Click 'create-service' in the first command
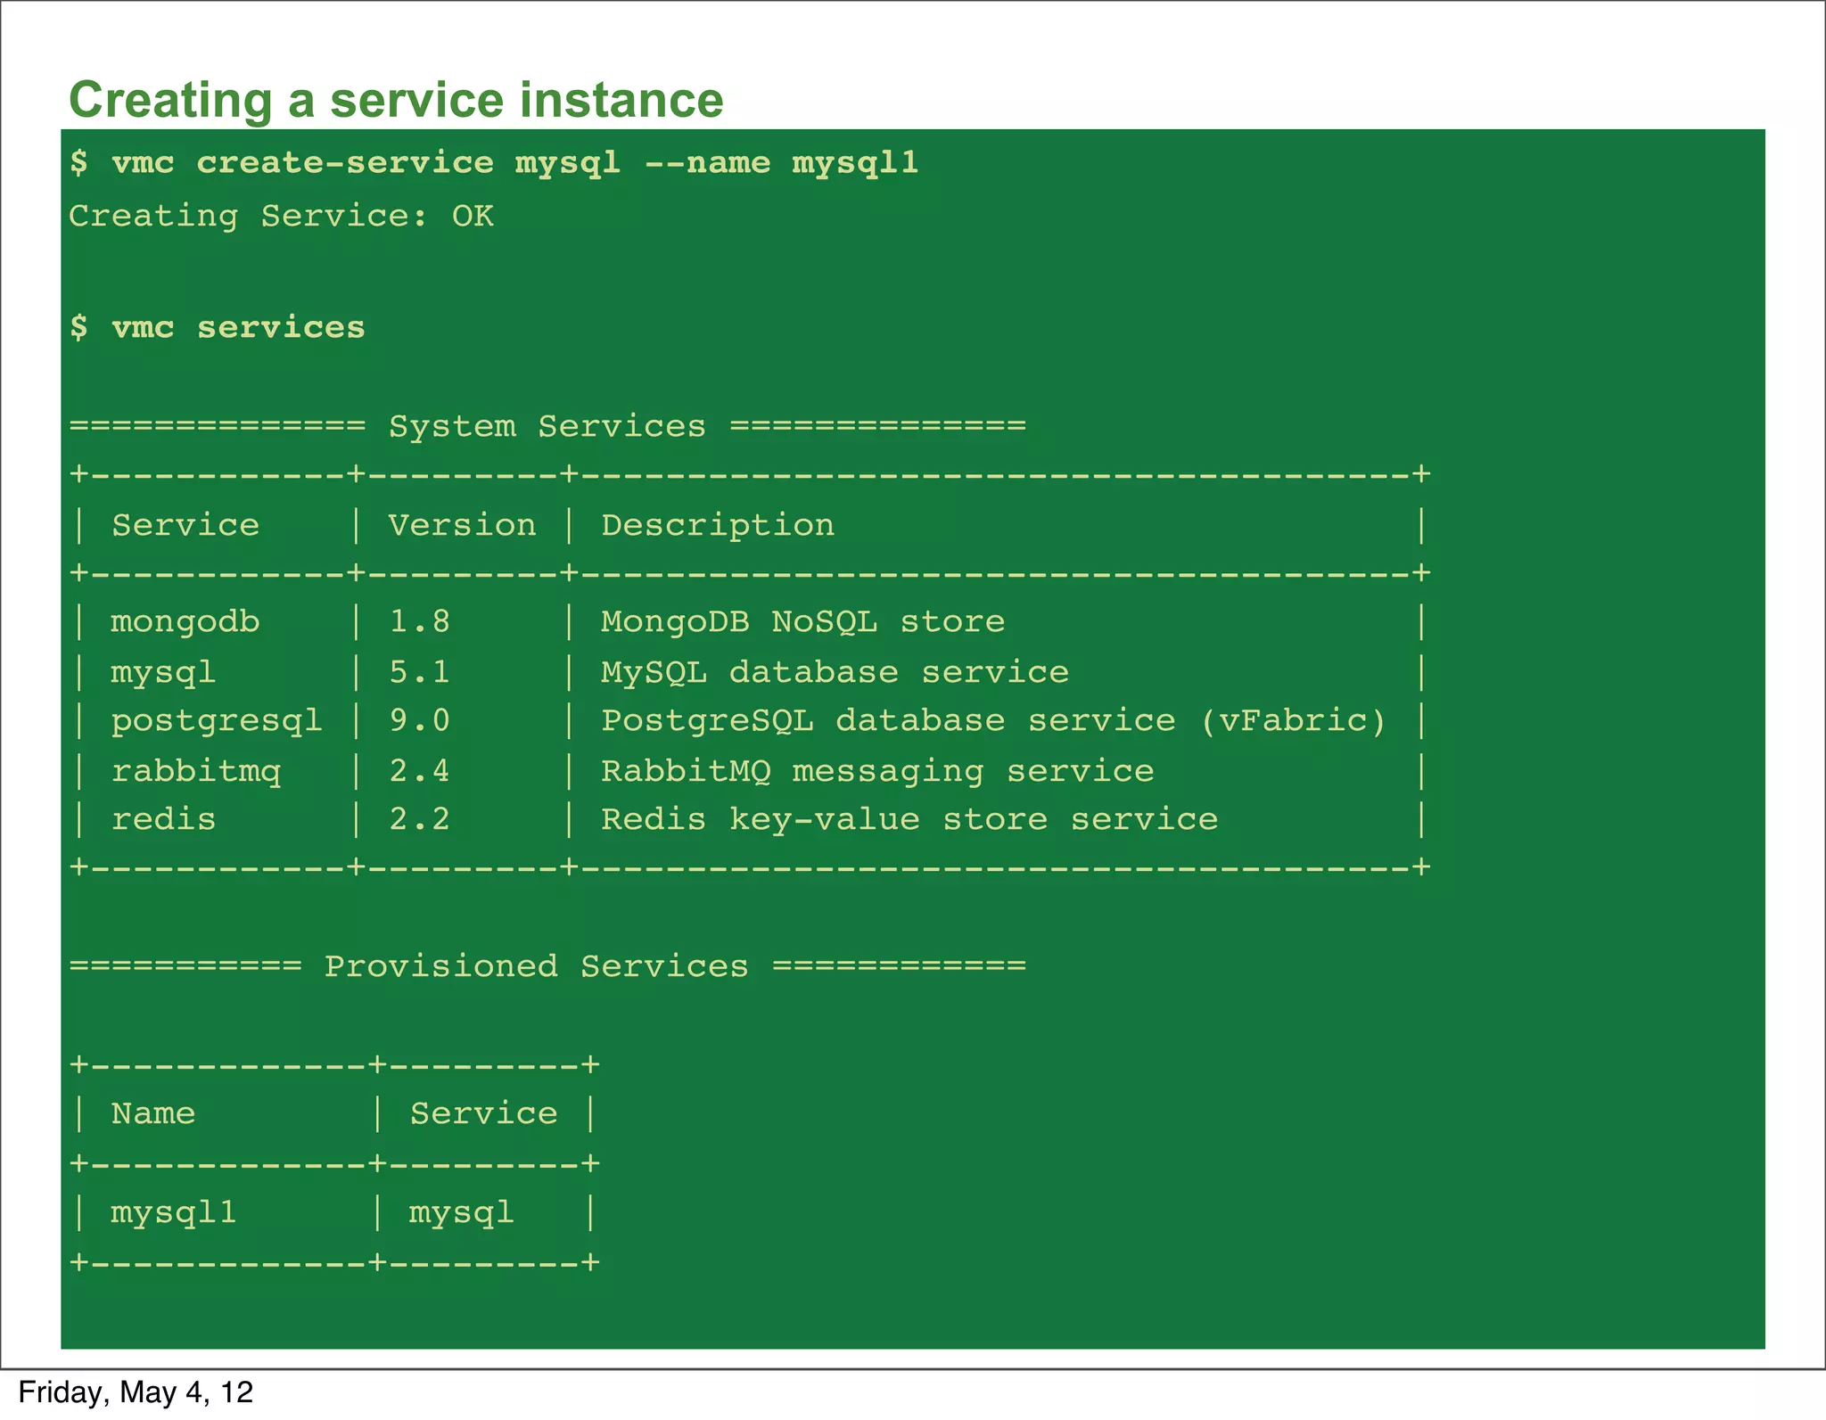pyautogui.click(x=345, y=163)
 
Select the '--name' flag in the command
pyautogui.click(x=707, y=163)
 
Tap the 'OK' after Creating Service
pyautogui.click(x=473, y=217)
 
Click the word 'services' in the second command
pyautogui.click(x=281, y=328)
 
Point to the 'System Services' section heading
pyautogui.click(x=547, y=427)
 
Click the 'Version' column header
pyautogui.click(x=462, y=526)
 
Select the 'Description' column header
pyautogui.click(x=718, y=526)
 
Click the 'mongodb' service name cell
pyautogui.click(x=185, y=621)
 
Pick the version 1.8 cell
pyautogui.click(x=419, y=621)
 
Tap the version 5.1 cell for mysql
pyautogui.click(x=419, y=672)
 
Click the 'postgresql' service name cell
pyautogui.click(x=217, y=721)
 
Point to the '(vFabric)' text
pyautogui.click(x=1294, y=720)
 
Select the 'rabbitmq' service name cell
pyautogui.click(x=196, y=771)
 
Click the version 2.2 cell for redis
pyautogui.click(x=419, y=819)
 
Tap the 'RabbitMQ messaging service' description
pyautogui.click(x=877, y=771)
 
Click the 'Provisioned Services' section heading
pyautogui.click(x=536, y=966)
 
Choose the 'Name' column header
pyautogui.click(x=153, y=1113)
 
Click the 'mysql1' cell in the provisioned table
pyautogui.click(x=174, y=1213)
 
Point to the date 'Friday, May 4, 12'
pyautogui.click(x=136, y=1392)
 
